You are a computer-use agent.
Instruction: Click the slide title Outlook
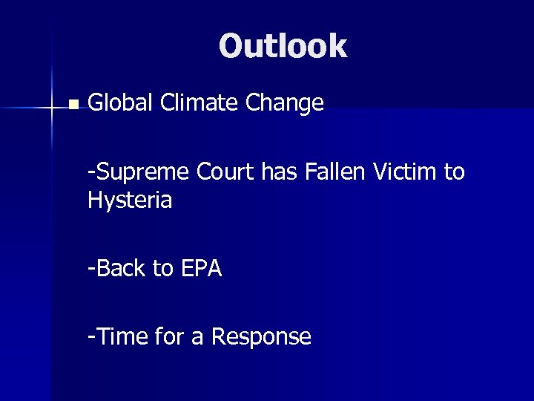(x=283, y=46)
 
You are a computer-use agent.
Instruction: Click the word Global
(x=118, y=103)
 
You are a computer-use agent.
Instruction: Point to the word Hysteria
(x=130, y=200)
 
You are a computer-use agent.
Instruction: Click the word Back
(x=119, y=268)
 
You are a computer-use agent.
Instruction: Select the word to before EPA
(x=162, y=268)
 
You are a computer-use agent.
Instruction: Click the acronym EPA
(x=200, y=268)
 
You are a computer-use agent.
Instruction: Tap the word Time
(x=121, y=337)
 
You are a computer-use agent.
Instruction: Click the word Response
(x=261, y=337)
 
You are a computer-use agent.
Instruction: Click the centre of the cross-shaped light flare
(x=52, y=108)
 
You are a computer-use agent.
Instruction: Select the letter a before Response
(x=197, y=339)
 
